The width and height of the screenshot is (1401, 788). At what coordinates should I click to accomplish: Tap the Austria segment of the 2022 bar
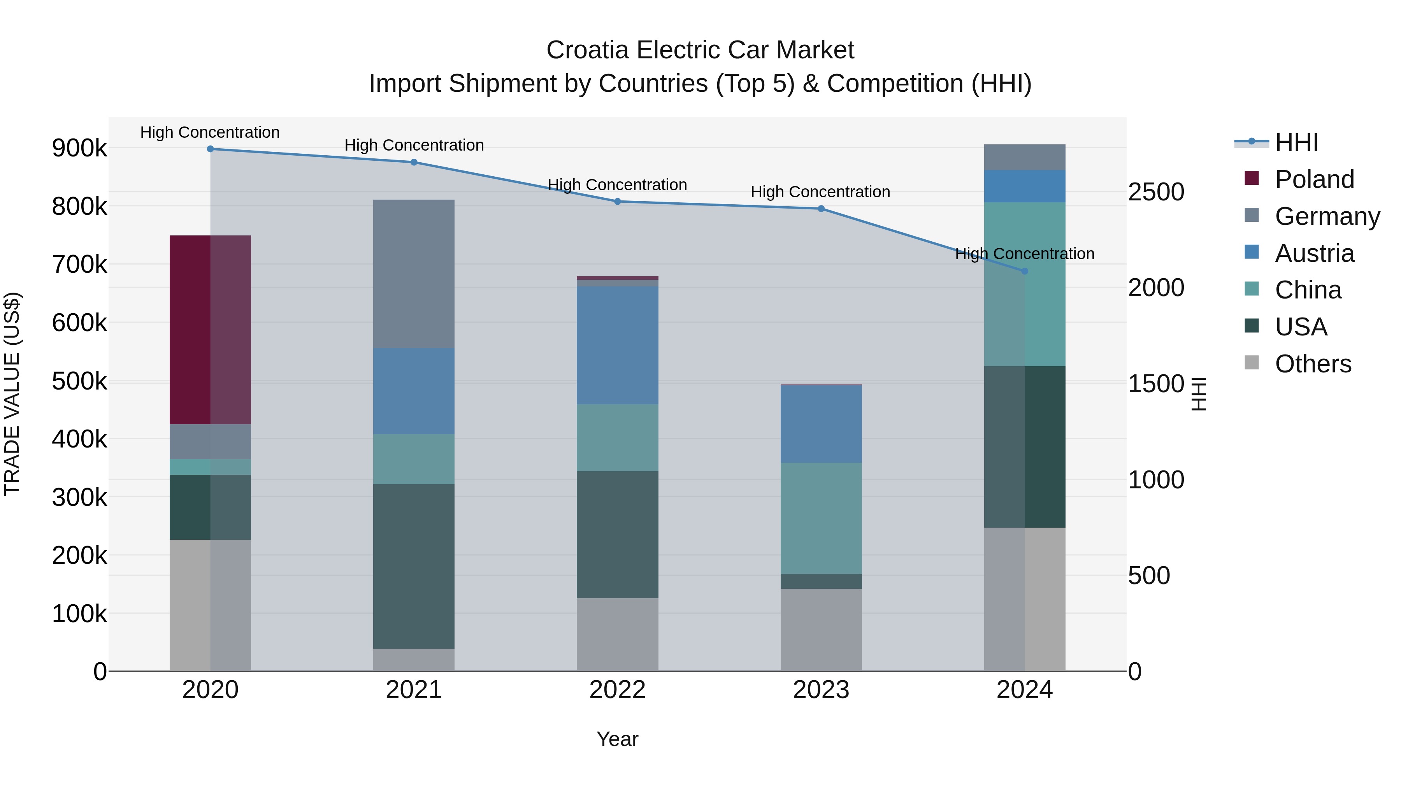(617, 345)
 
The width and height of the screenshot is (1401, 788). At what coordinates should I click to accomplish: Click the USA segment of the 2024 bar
(1025, 446)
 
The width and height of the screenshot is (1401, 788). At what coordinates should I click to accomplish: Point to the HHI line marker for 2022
(617, 202)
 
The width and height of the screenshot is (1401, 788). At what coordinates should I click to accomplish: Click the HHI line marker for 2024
(1025, 271)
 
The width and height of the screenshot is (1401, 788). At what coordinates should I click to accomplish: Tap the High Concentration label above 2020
(210, 132)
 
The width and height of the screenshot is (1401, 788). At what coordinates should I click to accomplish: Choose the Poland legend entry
(1314, 179)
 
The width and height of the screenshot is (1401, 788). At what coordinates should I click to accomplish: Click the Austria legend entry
(1314, 253)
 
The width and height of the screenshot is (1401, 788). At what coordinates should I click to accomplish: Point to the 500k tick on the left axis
(79, 381)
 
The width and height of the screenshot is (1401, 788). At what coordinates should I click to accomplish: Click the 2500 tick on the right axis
(1156, 192)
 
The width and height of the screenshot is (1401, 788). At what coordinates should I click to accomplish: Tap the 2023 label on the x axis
(821, 690)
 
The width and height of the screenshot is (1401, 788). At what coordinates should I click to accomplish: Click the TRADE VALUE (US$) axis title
(12, 394)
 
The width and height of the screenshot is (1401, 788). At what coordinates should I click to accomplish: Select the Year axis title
(617, 739)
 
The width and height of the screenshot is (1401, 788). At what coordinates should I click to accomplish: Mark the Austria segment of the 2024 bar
(1025, 186)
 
